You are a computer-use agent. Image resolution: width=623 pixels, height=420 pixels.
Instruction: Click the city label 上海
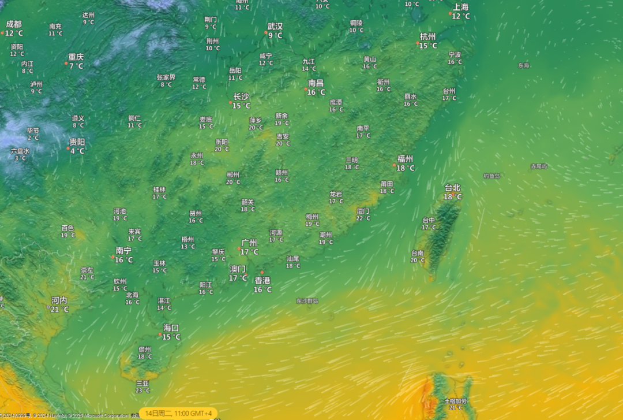tap(461, 7)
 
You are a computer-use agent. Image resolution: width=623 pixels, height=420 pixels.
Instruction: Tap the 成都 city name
tap(14, 24)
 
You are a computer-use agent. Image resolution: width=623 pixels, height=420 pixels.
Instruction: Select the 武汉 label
tap(275, 27)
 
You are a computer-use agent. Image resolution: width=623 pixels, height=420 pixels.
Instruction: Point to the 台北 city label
tap(453, 188)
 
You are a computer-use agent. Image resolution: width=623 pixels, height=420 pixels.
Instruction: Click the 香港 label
tap(262, 280)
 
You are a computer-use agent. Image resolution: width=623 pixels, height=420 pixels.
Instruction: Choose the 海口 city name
tap(171, 328)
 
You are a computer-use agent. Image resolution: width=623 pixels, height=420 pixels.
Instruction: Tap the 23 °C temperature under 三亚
tap(142, 391)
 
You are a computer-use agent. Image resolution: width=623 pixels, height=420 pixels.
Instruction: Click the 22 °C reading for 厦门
tap(363, 218)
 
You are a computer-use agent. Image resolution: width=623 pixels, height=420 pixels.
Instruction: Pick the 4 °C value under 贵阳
tap(77, 151)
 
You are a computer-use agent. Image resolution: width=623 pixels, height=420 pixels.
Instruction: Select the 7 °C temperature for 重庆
tap(76, 66)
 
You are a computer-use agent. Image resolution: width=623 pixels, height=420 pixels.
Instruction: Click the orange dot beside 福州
tap(395, 165)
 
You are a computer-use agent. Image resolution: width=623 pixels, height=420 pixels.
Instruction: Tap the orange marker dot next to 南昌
tap(306, 89)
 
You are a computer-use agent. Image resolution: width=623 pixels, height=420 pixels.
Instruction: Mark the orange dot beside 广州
tap(239, 249)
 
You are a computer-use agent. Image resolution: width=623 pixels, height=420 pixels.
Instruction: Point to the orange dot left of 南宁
tap(113, 257)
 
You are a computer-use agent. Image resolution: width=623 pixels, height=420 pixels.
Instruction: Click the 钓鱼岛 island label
tap(492, 176)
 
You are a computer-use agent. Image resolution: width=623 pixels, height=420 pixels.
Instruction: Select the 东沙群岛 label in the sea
tap(307, 301)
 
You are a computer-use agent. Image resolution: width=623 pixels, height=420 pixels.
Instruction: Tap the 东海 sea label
tap(523, 66)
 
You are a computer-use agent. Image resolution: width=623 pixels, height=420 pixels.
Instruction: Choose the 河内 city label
tap(59, 300)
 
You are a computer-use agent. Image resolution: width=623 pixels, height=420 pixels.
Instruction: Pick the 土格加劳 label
tap(456, 401)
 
